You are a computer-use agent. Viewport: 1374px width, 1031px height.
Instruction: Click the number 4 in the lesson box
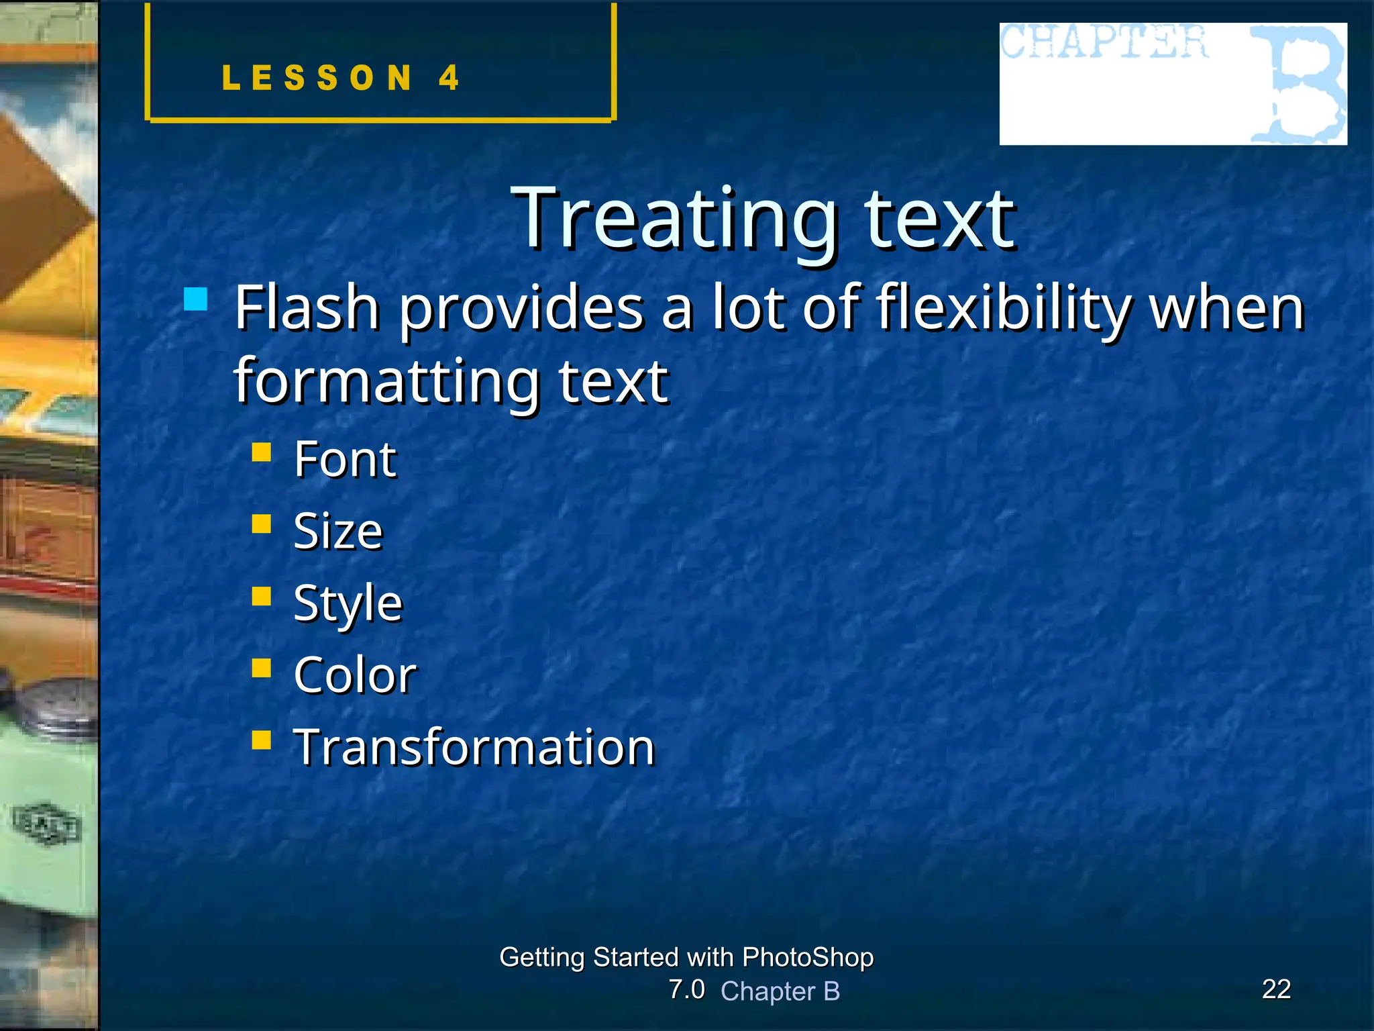pyautogui.click(x=449, y=77)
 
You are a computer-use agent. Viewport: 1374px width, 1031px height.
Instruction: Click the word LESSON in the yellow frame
pyautogui.click(x=317, y=77)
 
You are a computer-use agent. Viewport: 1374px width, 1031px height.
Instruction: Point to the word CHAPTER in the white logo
pyautogui.click(x=1105, y=42)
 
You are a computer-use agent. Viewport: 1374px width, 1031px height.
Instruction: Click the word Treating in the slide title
pyautogui.click(x=674, y=219)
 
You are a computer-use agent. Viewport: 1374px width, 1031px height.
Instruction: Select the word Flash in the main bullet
pyautogui.click(x=307, y=308)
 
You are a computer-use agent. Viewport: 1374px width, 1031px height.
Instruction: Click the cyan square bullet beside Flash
pyautogui.click(x=195, y=299)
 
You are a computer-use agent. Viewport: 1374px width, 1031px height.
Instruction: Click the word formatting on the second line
pyautogui.click(x=386, y=381)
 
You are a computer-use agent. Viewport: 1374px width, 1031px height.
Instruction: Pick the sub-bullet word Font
pyautogui.click(x=345, y=460)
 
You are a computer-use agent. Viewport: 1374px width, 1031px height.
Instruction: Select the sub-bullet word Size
pyautogui.click(x=337, y=532)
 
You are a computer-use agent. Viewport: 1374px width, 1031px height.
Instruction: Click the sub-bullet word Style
pyautogui.click(x=348, y=603)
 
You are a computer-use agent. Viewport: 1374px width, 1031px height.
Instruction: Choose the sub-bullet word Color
pyautogui.click(x=354, y=675)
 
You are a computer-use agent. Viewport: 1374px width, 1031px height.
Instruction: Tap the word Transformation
pyautogui.click(x=474, y=747)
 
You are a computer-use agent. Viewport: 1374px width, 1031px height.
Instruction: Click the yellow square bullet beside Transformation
pyautogui.click(x=261, y=740)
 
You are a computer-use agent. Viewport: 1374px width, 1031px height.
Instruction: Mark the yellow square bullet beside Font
pyautogui.click(x=261, y=452)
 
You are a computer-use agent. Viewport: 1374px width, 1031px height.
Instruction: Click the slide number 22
pyautogui.click(x=1276, y=989)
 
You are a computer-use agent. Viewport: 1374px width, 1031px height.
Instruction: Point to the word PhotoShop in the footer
pyautogui.click(x=807, y=956)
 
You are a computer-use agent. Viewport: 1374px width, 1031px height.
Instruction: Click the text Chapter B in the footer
pyautogui.click(x=780, y=991)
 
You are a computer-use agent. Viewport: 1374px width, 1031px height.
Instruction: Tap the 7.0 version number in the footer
pyautogui.click(x=686, y=989)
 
